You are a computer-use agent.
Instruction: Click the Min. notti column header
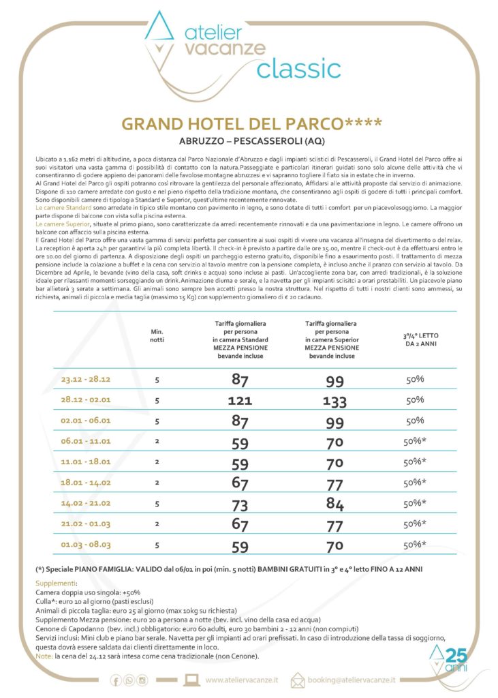[157, 335]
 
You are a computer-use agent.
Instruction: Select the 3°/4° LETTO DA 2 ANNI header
[415, 339]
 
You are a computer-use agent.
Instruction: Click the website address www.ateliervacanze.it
[240, 679]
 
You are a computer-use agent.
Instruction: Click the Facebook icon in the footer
[120, 679]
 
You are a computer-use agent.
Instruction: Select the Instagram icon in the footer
[142, 679]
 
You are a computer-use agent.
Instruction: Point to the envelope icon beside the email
[298, 679]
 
